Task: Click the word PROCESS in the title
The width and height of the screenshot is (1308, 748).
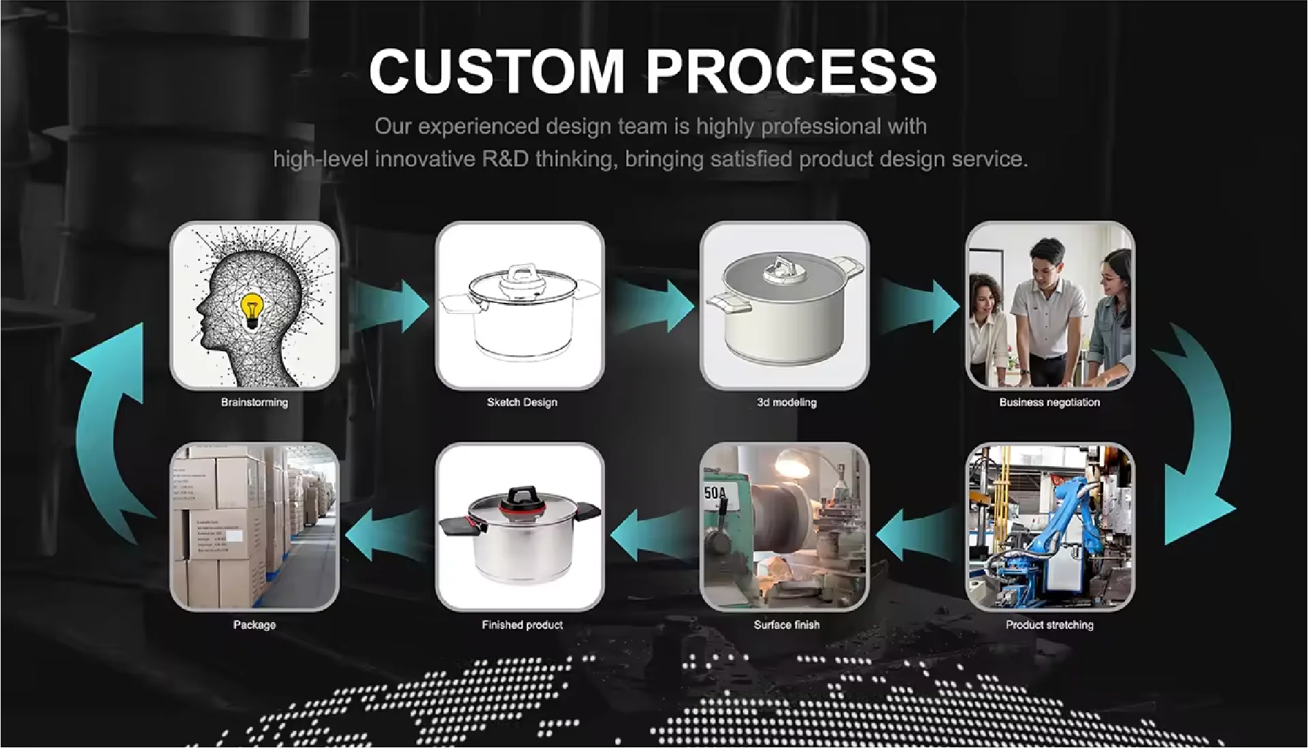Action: (791, 70)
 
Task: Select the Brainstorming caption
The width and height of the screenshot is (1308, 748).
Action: (255, 402)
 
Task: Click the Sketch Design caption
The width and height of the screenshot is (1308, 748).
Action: (522, 402)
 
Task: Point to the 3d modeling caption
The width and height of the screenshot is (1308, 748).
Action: (787, 402)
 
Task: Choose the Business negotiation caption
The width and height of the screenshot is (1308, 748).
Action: (1049, 402)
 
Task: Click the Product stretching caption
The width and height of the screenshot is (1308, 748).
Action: (1049, 625)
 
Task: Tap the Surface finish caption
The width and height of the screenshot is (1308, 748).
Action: (787, 625)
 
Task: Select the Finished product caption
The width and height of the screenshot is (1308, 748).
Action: (522, 625)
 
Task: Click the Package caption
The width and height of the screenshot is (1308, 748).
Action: (255, 625)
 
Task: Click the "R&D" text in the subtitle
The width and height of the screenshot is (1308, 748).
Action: (505, 159)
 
